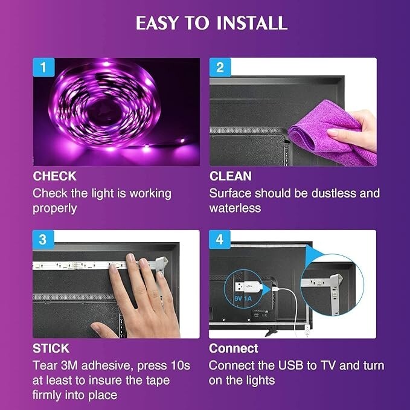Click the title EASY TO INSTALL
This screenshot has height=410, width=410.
(x=211, y=23)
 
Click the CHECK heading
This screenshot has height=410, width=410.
(x=54, y=176)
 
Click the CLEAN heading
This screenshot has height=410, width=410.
(x=230, y=176)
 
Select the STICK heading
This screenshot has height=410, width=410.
(x=51, y=348)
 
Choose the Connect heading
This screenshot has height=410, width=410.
(x=233, y=348)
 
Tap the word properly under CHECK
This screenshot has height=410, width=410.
(x=54, y=208)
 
